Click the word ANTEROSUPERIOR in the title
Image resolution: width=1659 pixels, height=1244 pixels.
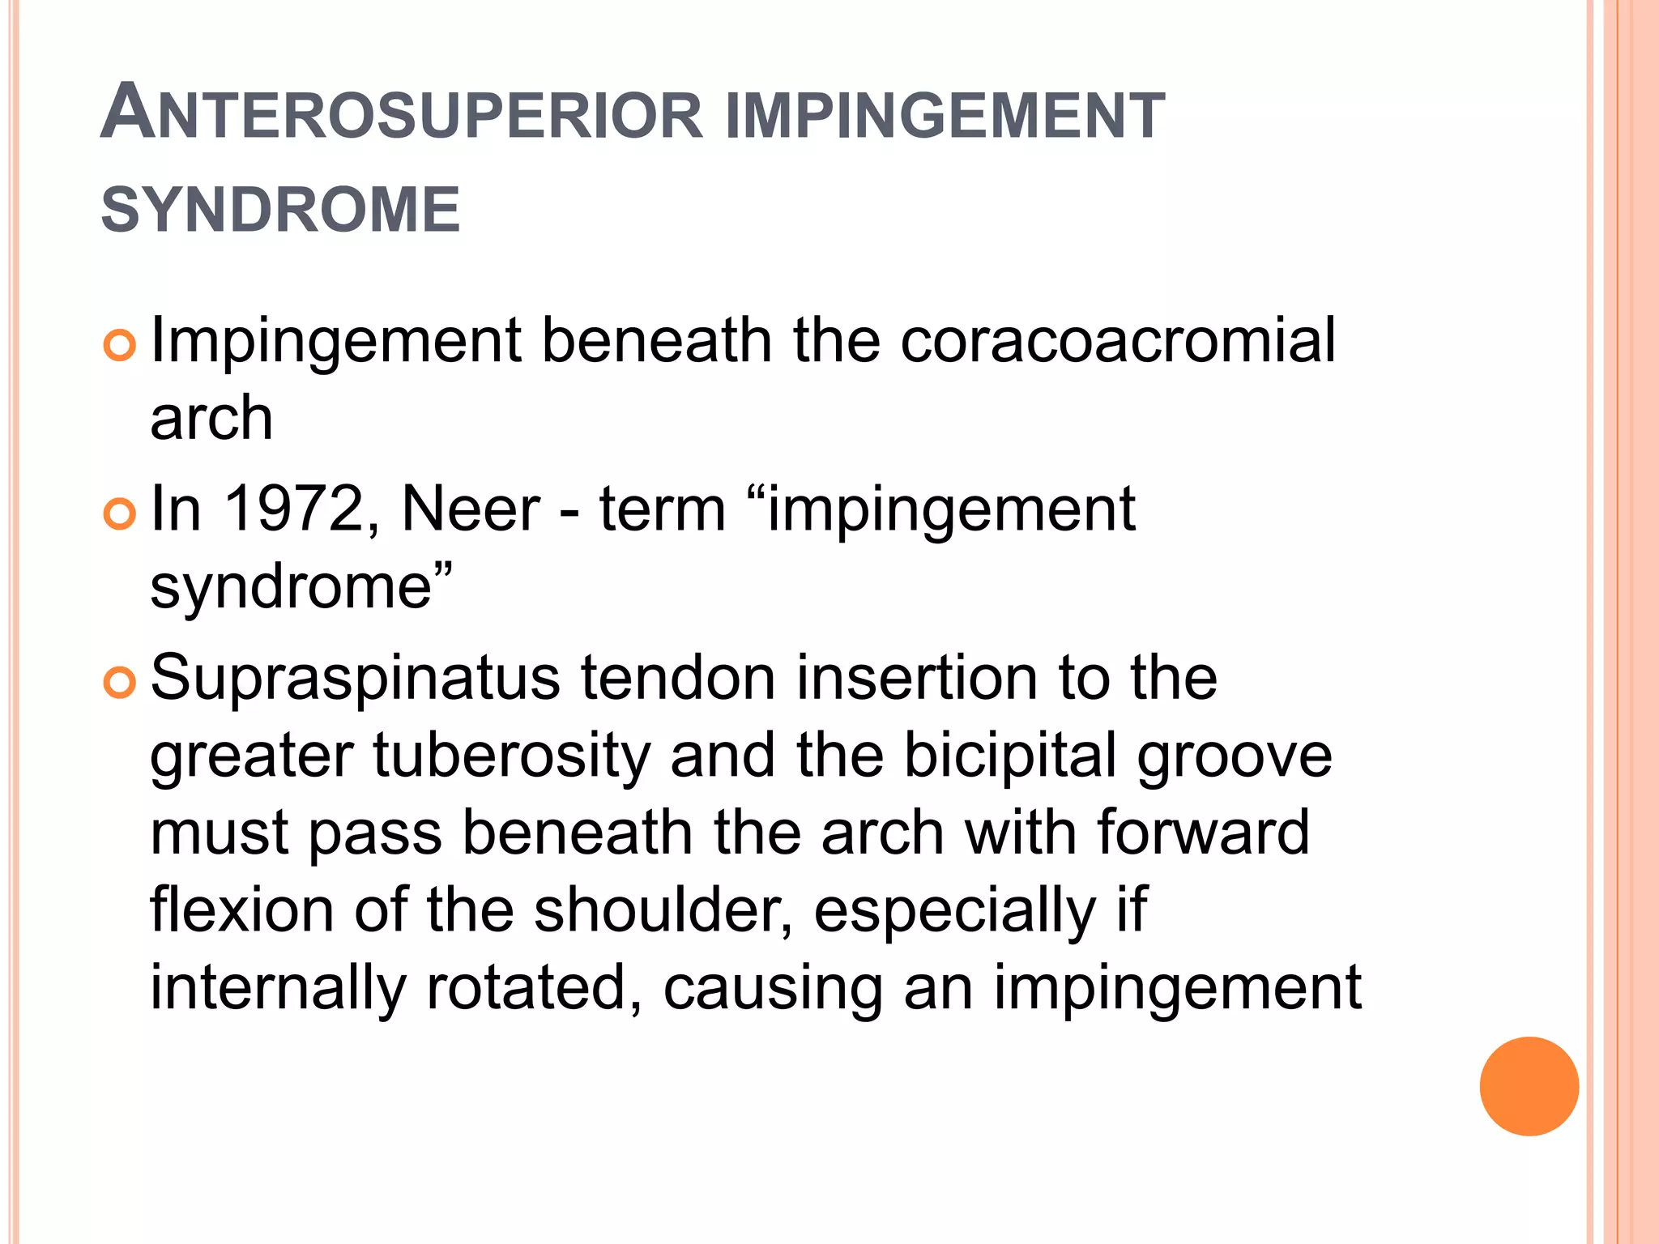click(402, 114)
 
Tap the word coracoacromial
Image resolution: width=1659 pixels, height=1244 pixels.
click(1118, 340)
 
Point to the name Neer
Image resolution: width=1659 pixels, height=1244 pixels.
click(471, 509)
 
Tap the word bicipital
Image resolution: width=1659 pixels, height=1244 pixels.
click(1010, 755)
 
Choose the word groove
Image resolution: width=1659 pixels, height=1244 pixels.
click(1235, 755)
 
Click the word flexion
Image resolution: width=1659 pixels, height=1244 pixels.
click(241, 910)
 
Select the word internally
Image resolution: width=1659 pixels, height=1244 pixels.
click(278, 988)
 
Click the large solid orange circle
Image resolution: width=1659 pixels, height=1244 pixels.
click(1529, 1086)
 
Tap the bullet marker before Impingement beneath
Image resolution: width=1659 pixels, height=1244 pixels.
click(119, 347)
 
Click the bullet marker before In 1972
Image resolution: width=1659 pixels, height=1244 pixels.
click(119, 515)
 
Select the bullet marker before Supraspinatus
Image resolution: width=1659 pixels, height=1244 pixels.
click(119, 684)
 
